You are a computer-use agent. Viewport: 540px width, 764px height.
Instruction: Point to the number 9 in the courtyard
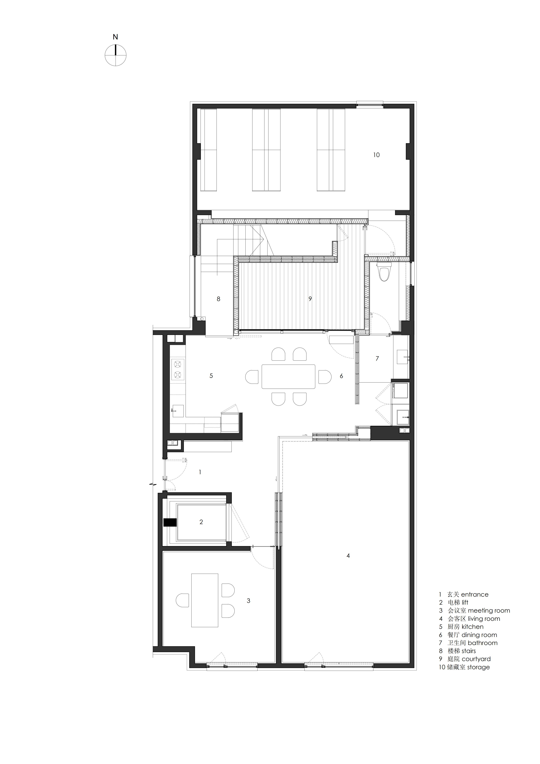pos(310,299)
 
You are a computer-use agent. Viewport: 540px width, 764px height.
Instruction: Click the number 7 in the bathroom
pos(377,358)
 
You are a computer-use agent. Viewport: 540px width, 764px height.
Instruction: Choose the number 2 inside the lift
pos(201,522)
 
